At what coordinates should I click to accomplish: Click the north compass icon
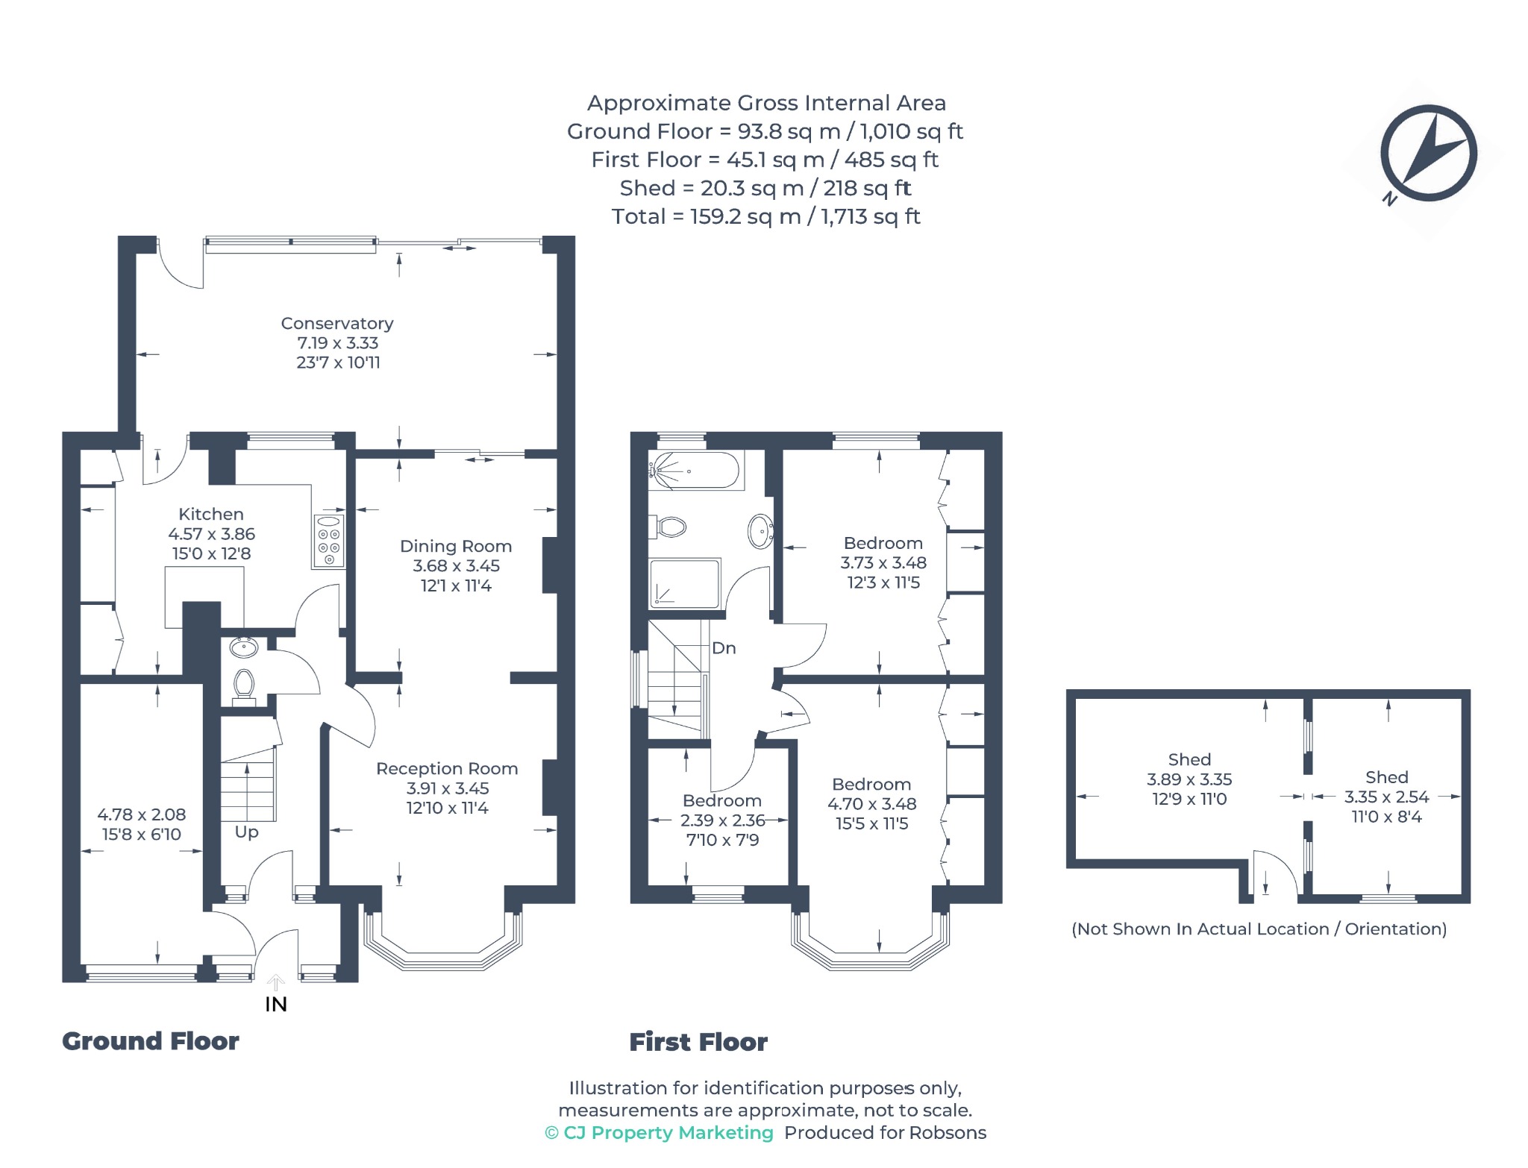click(x=1427, y=154)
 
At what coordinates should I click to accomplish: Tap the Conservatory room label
click(x=337, y=323)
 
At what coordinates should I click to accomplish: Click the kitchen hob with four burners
click(x=329, y=541)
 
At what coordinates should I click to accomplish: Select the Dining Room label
click(x=456, y=546)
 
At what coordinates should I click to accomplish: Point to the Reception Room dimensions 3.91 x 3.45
click(x=448, y=788)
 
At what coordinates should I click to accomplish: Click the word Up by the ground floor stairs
click(x=246, y=832)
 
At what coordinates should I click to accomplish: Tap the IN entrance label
click(x=276, y=1005)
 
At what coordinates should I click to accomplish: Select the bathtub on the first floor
click(x=695, y=471)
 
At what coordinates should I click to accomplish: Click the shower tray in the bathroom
click(x=685, y=583)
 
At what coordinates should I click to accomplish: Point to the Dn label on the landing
click(x=724, y=648)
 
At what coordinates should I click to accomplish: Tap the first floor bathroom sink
click(x=760, y=531)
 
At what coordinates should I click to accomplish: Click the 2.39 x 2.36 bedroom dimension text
click(x=723, y=820)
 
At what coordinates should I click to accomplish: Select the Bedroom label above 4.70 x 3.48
click(x=871, y=785)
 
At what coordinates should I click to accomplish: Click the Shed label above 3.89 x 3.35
click(x=1189, y=759)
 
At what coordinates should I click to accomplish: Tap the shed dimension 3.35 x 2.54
click(x=1387, y=797)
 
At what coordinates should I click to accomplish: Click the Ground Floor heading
click(x=151, y=1041)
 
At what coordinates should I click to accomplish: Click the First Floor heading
click(x=698, y=1042)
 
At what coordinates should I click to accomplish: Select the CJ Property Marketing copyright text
click(x=660, y=1133)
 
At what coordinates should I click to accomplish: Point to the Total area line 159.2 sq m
click(x=766, y=216)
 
